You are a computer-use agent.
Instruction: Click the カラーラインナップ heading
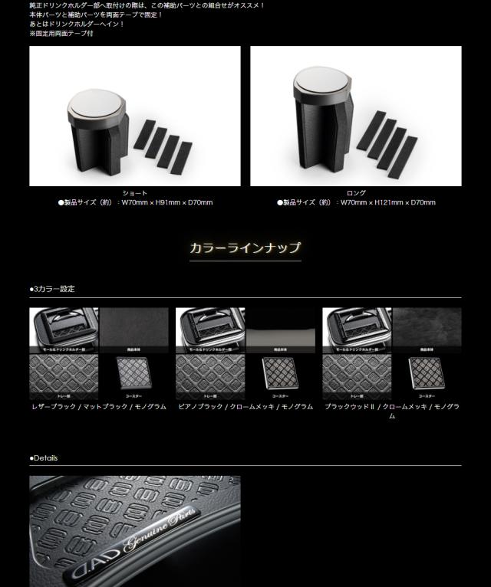[245, 248]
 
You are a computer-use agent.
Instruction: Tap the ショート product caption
[135, 193]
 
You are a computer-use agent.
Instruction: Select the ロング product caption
[356, 193]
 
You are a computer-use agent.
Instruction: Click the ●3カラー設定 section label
[52, 289]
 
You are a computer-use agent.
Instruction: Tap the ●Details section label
[44, 458]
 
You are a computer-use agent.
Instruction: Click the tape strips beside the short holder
[164, 146]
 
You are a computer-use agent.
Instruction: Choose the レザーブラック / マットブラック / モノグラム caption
[98, 407]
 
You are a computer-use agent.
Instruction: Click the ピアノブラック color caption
[245, 407]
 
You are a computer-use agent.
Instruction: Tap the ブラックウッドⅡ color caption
[391, 411]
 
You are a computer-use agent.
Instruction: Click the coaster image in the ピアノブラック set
[280, 376]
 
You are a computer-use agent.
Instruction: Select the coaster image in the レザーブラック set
[133, 376]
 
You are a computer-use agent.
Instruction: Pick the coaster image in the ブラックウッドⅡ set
[427, 376]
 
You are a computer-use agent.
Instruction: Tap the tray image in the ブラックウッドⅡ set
[357, 376]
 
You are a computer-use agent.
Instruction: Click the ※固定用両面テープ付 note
[61, 34]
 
